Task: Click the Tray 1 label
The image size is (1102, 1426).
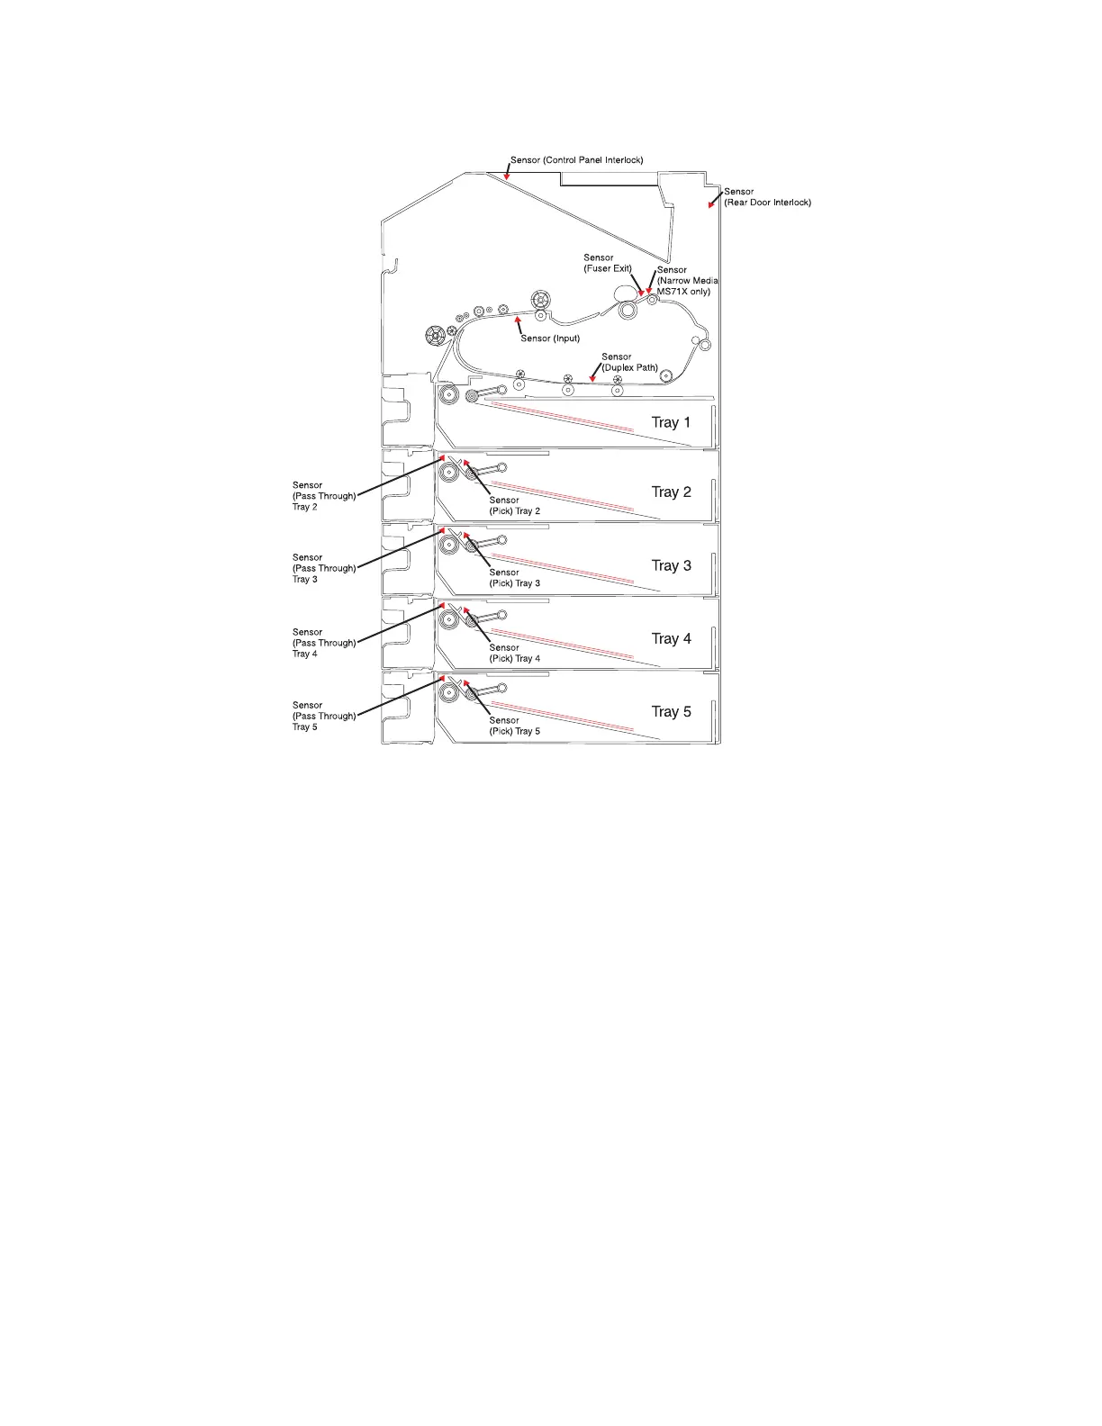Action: click(671, 422)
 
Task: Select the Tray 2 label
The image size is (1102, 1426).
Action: click(671, 492)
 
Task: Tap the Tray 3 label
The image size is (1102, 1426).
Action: click(671, 565)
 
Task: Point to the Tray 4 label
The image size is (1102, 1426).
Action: click(671, 638)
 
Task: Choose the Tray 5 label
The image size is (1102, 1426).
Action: click(671, 711)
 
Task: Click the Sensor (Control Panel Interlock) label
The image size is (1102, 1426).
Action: click(576, 160)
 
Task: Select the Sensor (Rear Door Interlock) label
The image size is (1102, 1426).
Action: click(767, 197)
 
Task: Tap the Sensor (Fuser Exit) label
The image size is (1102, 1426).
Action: click(608, 263)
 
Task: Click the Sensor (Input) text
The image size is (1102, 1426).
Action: click(550, 338)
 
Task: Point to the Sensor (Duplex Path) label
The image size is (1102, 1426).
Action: click(629, 362)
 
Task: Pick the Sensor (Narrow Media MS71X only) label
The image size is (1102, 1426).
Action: click(686, 281)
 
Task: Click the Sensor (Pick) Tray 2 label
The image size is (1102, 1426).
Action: click(514, 506)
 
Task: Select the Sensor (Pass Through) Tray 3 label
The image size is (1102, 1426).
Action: click(323, 568)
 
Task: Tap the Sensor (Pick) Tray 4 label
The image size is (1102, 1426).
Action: click(514, 653)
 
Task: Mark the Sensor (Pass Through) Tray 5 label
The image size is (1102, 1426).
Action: click(323, 716)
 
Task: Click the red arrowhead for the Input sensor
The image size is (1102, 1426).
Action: click(517, 319)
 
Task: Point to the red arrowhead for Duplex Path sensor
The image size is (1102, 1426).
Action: click(592, 378)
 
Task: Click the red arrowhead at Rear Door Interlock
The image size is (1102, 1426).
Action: click(710, 204)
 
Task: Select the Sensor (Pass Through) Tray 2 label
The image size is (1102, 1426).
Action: click(323, 496)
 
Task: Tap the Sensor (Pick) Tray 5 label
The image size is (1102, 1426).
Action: click(514, 726)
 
